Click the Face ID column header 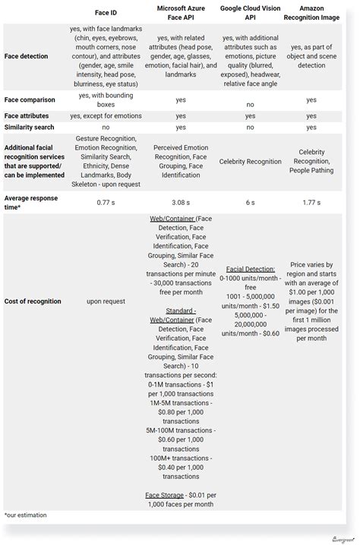(106, 12)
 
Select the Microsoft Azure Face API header (181, 12)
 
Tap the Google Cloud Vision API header (250, 12)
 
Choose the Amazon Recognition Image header (311, 12)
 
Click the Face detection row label (26, 56)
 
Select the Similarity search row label (30, 128)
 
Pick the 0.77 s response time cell (106, 202)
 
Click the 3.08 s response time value (181, 202)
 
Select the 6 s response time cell (250, 202)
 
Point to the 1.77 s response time (311, 202)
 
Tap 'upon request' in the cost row (106, 301)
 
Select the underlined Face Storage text (164, 495)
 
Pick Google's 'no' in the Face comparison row (250, 104)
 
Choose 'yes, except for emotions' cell (106, 116)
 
